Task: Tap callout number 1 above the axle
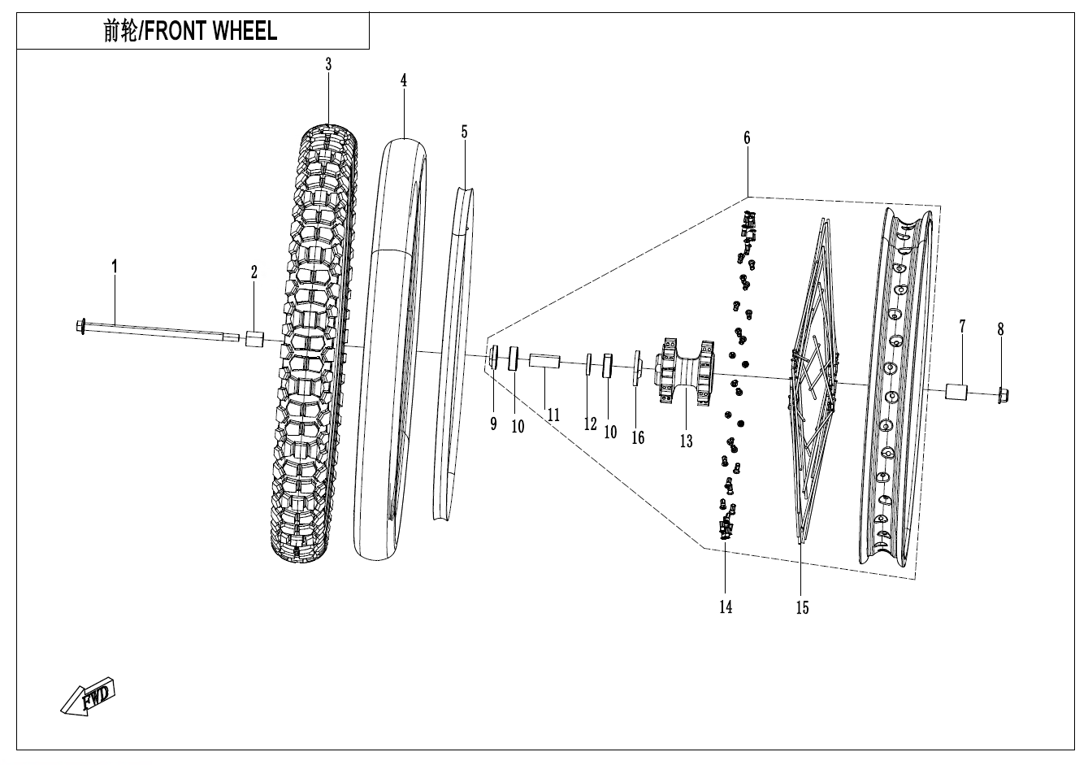coord(115,266)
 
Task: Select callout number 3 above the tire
coord(328,65)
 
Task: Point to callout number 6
coord(747,138)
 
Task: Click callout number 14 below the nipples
coord(725,606)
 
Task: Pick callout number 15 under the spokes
coord(802,607)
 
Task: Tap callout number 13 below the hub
coord(687,441)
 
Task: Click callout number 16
coord(638,437)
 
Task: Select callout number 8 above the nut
coord(1000,329)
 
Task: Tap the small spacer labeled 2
coord(254,338)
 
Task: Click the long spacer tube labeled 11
coord(544,360)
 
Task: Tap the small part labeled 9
coord(492,356)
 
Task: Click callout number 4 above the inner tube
coord(403,80)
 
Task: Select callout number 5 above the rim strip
coord(464,132)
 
